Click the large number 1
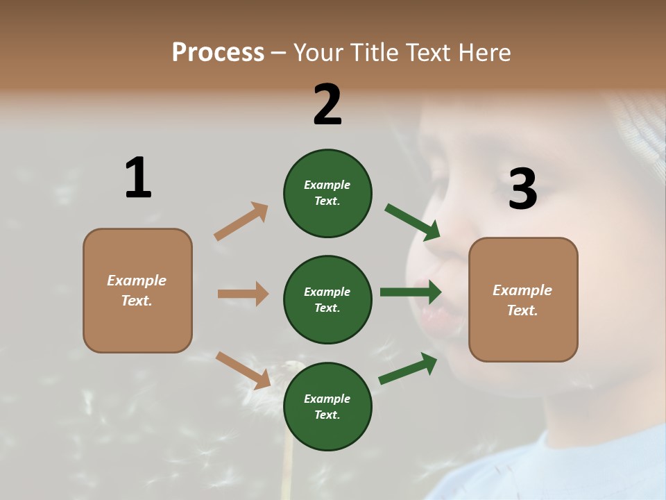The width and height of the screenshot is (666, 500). (138, 178)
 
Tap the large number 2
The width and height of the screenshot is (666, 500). (327, 105)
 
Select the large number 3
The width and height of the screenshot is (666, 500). (522, 190)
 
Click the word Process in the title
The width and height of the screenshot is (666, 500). (218, 52)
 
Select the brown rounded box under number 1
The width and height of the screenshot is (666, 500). (137, 290)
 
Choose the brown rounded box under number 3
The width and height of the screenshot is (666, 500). (523, 299)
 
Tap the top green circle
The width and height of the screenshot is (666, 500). (327, 193)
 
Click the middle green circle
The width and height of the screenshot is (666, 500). (327, 299)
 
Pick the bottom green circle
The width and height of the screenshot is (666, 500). (327, 406)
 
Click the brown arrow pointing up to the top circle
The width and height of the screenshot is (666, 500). (241, 222)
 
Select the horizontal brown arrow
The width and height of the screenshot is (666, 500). (243, 294)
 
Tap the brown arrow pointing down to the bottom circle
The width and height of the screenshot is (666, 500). (243, 370)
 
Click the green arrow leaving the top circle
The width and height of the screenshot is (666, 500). (412, 222)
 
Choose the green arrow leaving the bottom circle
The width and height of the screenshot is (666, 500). (408, 368)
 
